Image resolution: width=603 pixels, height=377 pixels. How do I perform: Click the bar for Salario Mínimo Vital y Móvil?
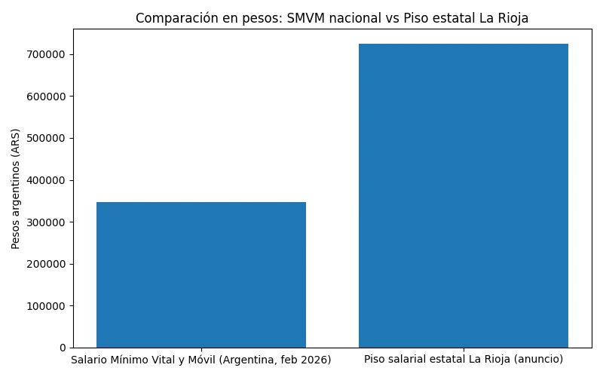(201, 274)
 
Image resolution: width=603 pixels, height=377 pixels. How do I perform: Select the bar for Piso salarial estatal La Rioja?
(463, 195)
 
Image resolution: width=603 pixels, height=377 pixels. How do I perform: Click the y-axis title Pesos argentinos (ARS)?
(16, 188)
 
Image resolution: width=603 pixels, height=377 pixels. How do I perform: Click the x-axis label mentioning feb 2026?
(201, 360)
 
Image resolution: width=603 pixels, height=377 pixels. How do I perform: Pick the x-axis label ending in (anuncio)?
(463, 360)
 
